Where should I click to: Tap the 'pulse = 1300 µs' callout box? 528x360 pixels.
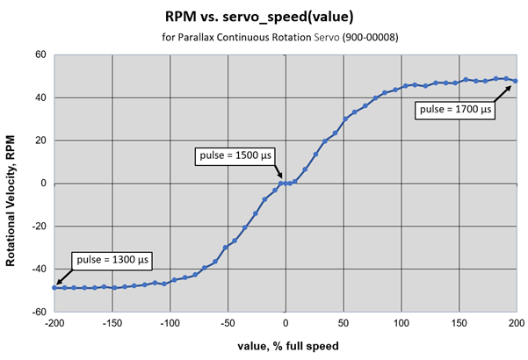pos(108,260)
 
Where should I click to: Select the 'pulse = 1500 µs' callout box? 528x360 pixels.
pos(235,155)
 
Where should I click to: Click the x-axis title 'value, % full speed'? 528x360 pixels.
pos(286,346)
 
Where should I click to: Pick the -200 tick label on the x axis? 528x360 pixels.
pos(54,324)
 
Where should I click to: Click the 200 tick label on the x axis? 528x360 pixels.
pos(515,324)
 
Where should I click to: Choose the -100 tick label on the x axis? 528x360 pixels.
pos(170,324)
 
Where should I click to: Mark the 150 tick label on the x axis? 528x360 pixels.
pos(458,324)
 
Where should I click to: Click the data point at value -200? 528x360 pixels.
pos(54,288)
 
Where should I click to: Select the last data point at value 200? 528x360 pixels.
pos(515,81)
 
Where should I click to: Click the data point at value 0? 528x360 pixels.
pos(285,184)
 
